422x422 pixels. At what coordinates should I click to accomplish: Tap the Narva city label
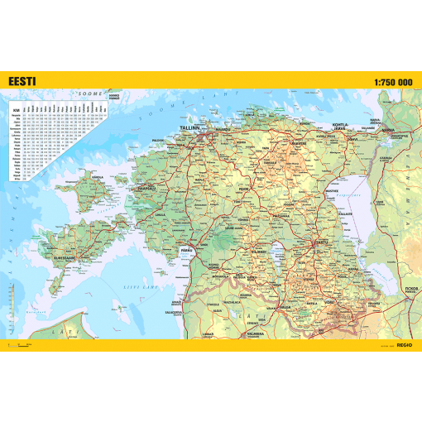[387, 130]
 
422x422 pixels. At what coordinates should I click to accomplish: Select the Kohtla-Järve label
[340, 127]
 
